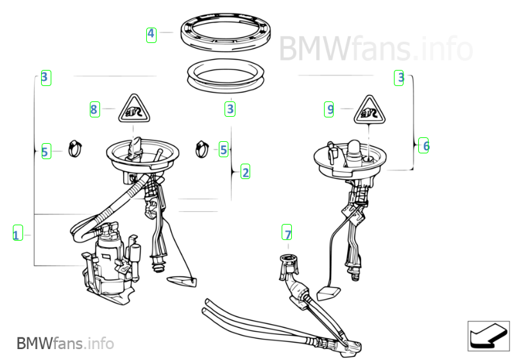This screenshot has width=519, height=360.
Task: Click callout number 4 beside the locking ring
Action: point(151,35)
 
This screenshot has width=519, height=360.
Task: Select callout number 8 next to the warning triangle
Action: point(95,109)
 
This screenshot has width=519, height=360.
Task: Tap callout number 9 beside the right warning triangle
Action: point(328,109)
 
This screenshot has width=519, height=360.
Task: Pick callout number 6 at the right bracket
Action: point(423,146)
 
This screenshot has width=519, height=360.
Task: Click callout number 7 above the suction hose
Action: point(287,232)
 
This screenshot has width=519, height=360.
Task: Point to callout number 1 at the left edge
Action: point(18,232)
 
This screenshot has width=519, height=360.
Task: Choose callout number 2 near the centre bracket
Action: point(245,171)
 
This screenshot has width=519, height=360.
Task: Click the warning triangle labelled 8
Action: point(134,108)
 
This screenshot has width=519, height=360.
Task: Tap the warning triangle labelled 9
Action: point(370,110)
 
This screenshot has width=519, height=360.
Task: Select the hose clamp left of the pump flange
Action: point(75,149)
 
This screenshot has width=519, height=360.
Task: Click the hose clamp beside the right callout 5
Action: point(202,150)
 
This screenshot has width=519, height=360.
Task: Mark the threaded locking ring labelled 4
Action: point(226,33)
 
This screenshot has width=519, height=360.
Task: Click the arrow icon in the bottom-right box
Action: point(488,336)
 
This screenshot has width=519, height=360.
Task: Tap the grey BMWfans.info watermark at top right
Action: point(376,49)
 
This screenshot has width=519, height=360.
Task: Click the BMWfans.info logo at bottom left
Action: point(65,343)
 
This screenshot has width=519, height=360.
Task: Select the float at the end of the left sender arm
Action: point(182,282)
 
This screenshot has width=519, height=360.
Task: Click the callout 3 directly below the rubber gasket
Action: point(230,109)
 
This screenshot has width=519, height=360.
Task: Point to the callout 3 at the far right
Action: point(399,78)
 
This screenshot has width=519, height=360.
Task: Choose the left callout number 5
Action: point(46,151)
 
